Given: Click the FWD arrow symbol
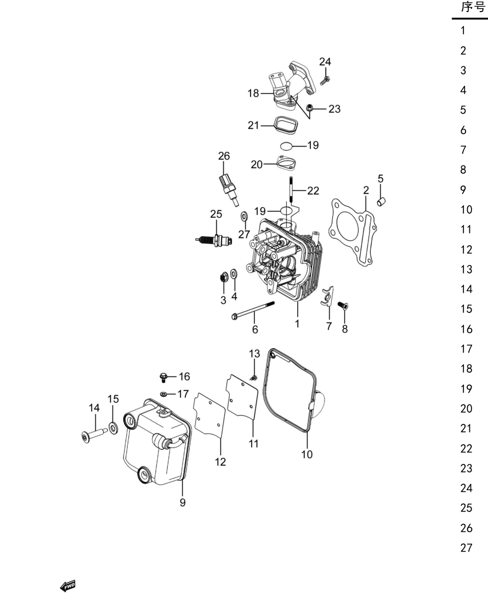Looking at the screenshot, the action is point(67,586).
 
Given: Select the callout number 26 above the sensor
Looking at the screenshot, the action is point(224,156).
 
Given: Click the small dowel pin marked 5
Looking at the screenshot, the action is point(382,202).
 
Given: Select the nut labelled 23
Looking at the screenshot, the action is point(309,107).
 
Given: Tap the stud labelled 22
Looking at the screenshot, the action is point(292,190).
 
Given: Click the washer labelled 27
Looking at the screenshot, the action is point(245,216).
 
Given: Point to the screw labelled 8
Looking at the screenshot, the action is point(343,305).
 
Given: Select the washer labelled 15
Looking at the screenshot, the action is point(113,428).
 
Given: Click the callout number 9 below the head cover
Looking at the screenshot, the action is point(183,502).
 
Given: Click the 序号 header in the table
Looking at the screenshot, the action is point(473,7).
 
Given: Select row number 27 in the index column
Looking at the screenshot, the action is point(466,548).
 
